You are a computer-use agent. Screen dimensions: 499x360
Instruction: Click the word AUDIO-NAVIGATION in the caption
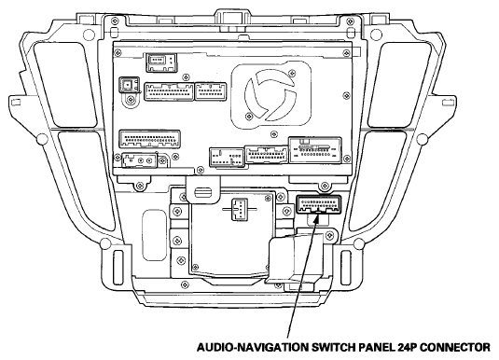click(x=252, y=347)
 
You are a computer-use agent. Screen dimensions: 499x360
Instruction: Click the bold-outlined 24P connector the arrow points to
click(x=319, y=204)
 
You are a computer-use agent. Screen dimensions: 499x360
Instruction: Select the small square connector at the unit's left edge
click(x=129, y=85)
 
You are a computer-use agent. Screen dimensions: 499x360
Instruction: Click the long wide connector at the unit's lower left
click(x=149, y=139)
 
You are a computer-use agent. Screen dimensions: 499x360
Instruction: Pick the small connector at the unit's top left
click(x=161, y=62)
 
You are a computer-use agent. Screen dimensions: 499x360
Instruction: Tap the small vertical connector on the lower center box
click(x=240, y=209)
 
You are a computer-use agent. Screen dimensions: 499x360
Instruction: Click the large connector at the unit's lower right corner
click(x=315, y=150)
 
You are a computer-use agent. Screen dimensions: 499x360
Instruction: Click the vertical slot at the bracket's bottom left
click(x=118, y=268)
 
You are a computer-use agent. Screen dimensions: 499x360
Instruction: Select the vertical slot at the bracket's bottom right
click(x=346, y=268)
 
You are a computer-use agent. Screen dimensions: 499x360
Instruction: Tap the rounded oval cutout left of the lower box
click(x=154, y=235)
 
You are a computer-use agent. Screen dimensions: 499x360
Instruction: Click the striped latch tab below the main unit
click(x=203, y=192)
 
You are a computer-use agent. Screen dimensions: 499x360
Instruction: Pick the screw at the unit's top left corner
click(x=118, y=52)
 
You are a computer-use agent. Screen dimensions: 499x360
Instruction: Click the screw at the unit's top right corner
click(x=346, y=52)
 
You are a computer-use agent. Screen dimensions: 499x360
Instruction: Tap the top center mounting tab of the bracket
click(x=231, y=19)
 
